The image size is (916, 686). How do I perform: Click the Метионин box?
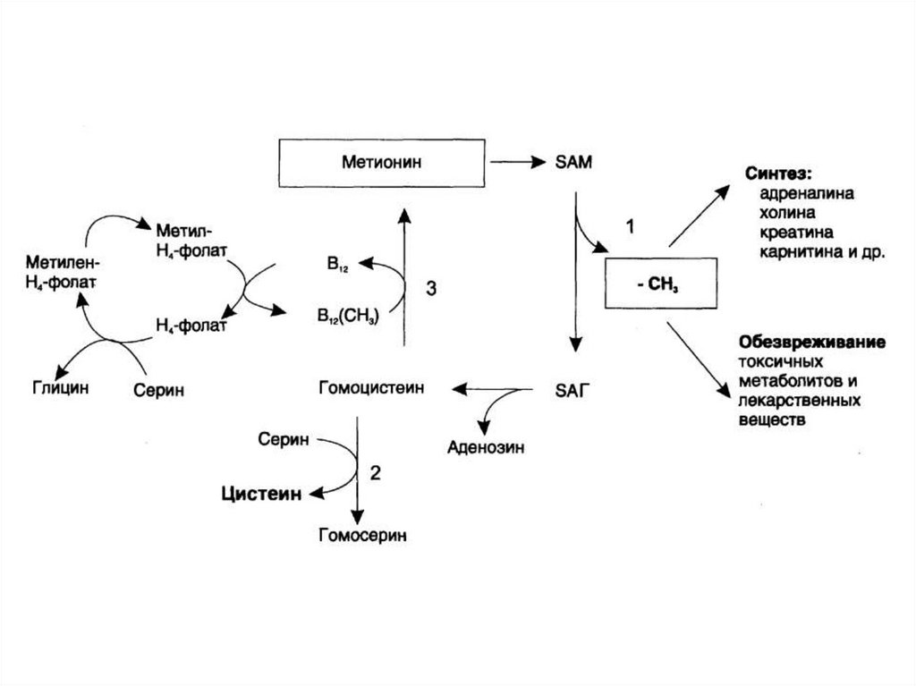(x=381, y=164)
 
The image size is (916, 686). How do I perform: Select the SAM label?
(x=571, y=163)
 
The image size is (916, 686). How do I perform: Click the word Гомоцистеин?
(x=370, y=388)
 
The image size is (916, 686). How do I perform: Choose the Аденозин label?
(x=487, y=445)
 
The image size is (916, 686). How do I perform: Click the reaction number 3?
(x=431, y=289)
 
